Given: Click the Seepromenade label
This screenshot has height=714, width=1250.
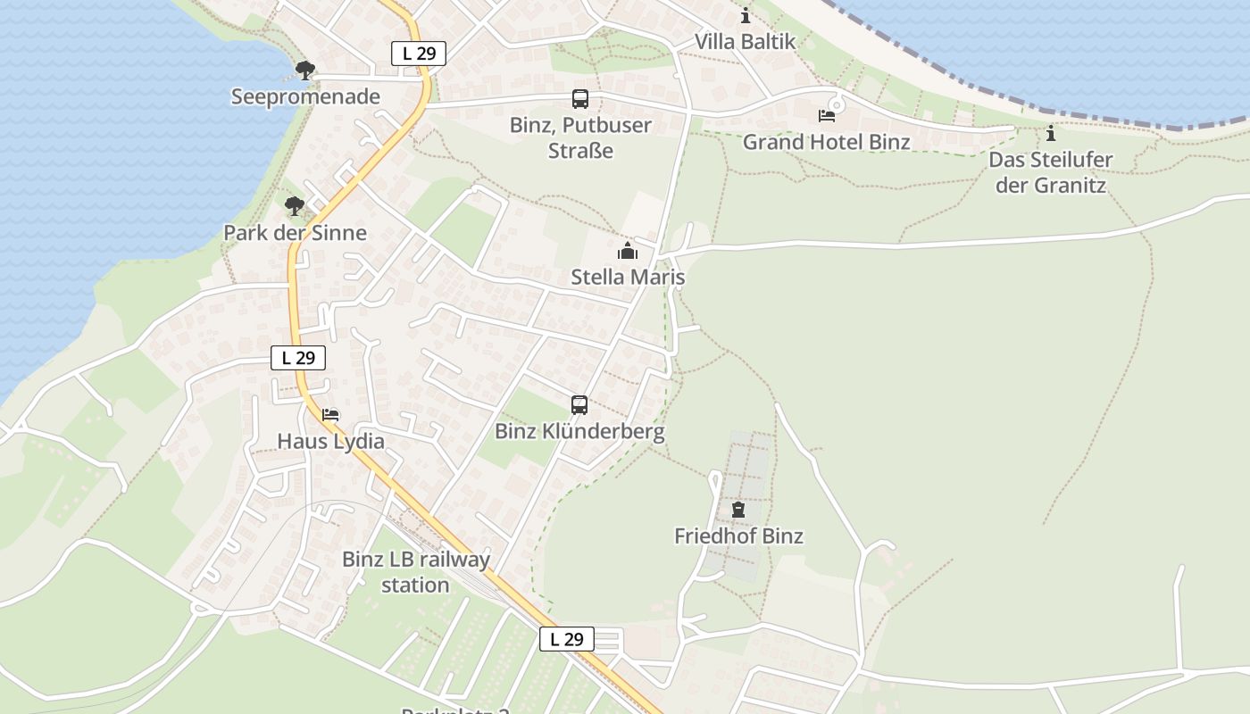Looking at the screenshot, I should tap(305, 96).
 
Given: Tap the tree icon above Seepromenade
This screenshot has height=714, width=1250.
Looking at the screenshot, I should tap(305, 70).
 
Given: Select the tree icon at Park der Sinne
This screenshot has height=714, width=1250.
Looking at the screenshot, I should tap(295, 206).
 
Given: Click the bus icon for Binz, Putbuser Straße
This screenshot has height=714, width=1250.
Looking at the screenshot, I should tap(580, 99).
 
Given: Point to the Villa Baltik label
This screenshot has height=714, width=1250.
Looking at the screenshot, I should tap(745, 41).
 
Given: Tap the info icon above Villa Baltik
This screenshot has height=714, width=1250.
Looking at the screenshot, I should tap(746, 16).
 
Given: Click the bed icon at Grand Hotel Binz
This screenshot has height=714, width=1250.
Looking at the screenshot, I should tap(827, 115).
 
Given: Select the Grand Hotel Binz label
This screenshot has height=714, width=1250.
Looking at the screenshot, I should tap(827, 142).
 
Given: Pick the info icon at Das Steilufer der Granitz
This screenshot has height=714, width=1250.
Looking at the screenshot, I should tap(1051, 134).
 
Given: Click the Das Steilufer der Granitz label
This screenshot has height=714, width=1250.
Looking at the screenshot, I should tap(1051, 173).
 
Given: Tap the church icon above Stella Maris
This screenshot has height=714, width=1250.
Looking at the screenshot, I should tap(628, 251).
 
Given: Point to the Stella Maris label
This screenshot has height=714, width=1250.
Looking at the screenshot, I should tap(628, 277).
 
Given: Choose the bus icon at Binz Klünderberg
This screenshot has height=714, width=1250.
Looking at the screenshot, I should tap(579, 405).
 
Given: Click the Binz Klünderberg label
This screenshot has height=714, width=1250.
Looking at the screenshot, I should tap(579, 432).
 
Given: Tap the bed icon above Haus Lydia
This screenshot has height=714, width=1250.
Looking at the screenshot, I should tap(330, 415).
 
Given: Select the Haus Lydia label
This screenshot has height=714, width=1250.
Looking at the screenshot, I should tap(330, 441).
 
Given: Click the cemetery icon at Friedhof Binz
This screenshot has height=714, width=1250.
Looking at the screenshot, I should tap(738, 510).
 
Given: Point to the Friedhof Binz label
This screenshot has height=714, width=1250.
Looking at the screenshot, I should tap(738, 536).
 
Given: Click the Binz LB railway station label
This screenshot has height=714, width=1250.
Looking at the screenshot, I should tap(416, 572).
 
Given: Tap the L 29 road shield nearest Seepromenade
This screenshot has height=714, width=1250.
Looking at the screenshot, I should tap(419, 54).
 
